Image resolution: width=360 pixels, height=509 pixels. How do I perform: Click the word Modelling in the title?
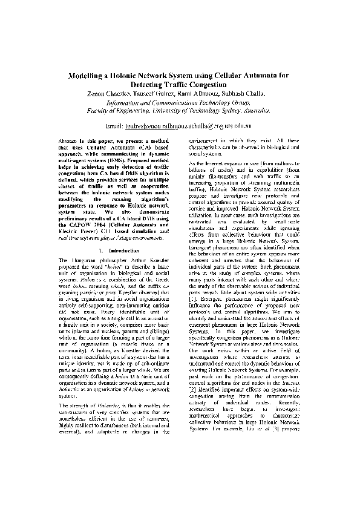click(89, 77)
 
